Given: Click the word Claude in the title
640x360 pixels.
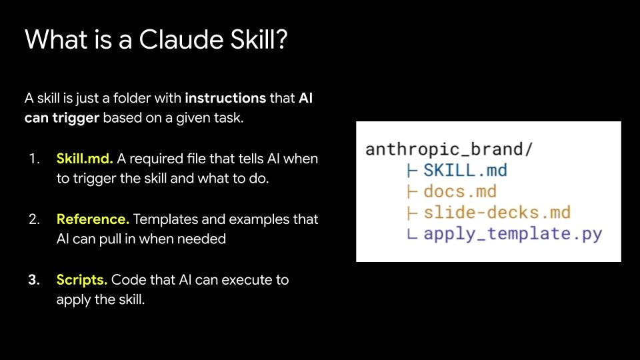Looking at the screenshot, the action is [181, 39].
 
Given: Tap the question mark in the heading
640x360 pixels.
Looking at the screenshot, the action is [281, 39].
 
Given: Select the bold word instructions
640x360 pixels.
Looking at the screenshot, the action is [225, 98].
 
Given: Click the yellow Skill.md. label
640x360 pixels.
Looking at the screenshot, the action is [85, 159].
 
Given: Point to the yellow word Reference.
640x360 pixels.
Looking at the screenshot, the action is [93, 219].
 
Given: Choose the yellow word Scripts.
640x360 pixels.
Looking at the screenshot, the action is [81, 280].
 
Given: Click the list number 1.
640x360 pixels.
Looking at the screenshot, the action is [34, 159].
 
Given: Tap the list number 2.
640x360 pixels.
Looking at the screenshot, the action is [34, 219].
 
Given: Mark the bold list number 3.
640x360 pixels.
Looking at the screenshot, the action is [34, 280].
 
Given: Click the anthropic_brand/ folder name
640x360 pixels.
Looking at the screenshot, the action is [449, 149].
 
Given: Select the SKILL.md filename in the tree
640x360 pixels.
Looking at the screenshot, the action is [465, 170].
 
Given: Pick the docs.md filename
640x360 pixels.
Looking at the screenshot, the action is [460, 191].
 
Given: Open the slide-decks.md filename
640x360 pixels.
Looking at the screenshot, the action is [497, 212].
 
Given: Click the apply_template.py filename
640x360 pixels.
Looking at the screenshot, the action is [513, 234].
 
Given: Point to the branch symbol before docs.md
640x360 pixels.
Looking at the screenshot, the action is [412, 191].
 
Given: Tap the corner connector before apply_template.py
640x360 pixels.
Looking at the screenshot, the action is [412, 234].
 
